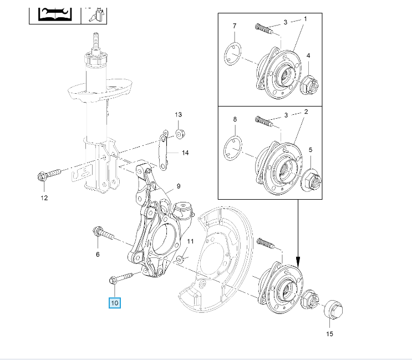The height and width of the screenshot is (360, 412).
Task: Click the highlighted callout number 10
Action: click(x=115, y=302)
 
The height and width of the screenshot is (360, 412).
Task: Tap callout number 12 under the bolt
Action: click(x=44, y=197)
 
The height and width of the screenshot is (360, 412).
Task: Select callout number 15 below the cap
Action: click(x=330, y=334)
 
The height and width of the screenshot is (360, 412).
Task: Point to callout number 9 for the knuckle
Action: click(x=179, y=186)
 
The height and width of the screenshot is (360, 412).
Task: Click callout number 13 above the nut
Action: click(x=179, y=114)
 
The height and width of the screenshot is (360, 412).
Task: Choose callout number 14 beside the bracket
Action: click(x=185, y=153)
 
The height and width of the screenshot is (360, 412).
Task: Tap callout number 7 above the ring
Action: click(x=235, y=26)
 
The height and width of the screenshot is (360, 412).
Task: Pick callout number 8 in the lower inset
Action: click(x=235, y=119)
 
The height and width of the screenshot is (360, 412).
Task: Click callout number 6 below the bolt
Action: click(x=98, y=255)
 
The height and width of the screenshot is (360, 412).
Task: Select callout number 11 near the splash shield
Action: click(x=190, y=241)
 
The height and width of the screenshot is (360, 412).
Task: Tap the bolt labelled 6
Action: click(x=103, y=234)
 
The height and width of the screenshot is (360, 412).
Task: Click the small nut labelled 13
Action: click(x=180, y=133)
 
